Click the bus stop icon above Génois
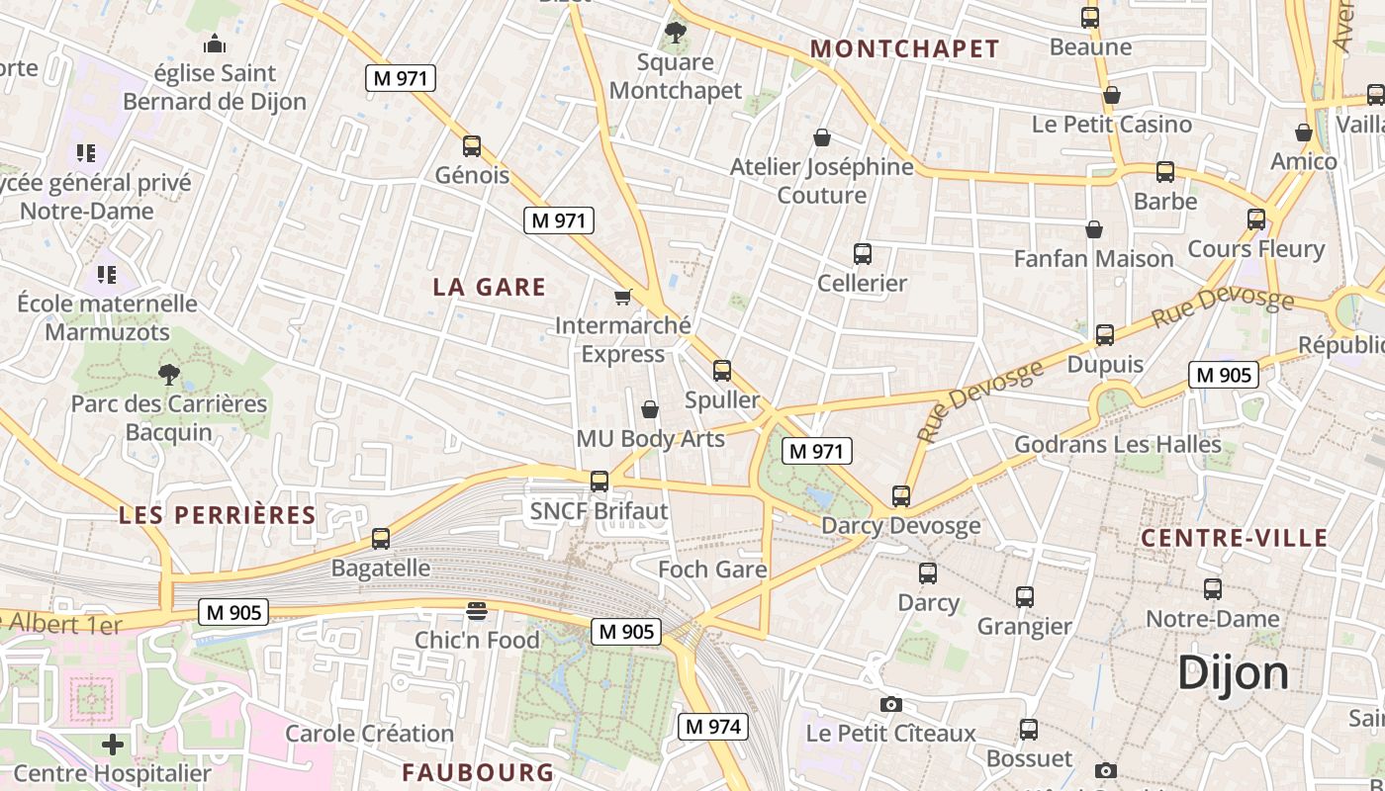[472, 146]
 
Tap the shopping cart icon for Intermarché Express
[622, 297]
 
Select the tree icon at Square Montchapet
[676, 33]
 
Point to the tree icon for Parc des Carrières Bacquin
[169, 375]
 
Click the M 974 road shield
[712, 727]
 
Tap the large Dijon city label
[1234, 674]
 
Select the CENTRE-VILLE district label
[1234, 538]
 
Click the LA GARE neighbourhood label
[490, 287]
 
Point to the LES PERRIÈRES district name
[218, 515]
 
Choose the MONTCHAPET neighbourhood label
[905, 48]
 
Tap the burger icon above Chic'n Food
[477, 611]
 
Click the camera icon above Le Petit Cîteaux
[891, 704]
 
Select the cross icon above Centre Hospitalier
[113, 744]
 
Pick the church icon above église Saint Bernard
[215, 44]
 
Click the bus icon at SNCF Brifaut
[600, 482]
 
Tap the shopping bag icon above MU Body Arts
[650, 409]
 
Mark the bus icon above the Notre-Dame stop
[1213, 589]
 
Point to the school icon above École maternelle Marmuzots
[107, 274]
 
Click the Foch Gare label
[712, 570]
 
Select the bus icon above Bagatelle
[381, 539]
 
